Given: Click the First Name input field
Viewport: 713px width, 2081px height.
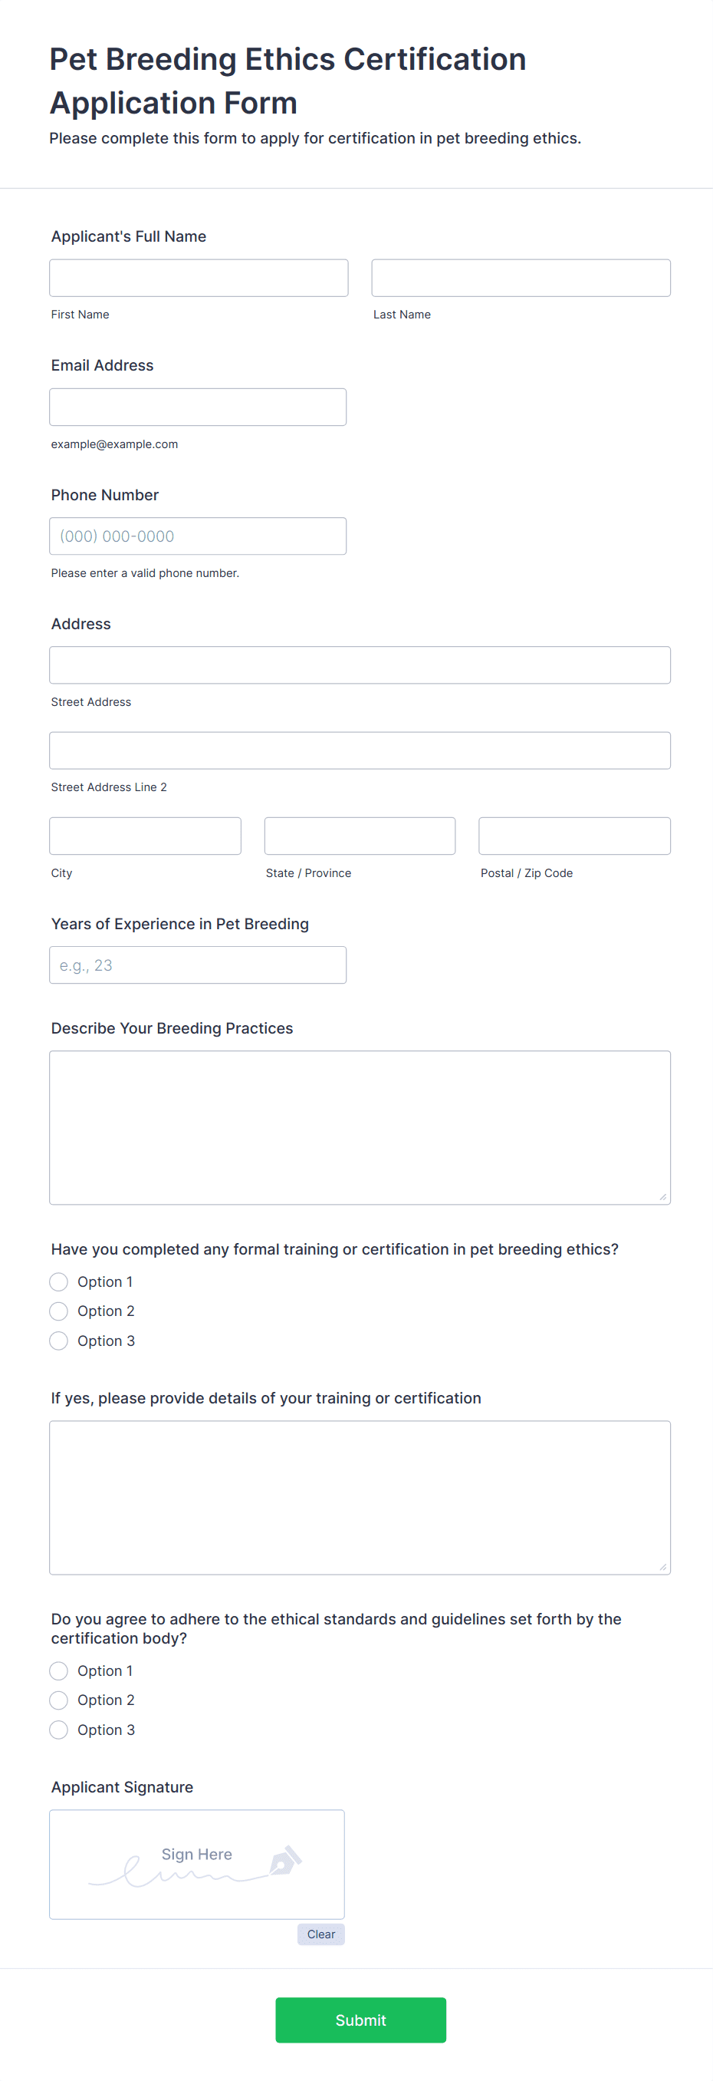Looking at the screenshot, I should (x=198, y=278).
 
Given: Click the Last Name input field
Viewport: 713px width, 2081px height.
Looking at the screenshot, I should (x=520, y=278).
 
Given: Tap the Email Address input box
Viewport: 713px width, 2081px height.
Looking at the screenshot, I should (x=198, y=407).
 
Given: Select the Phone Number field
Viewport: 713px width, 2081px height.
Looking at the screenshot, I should (x=198, y=536).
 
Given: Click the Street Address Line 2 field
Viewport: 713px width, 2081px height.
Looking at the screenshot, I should (x=360, y=750).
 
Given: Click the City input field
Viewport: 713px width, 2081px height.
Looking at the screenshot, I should (x=146, y=836).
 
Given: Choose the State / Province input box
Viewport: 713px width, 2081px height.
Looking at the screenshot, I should (x=360, y=836).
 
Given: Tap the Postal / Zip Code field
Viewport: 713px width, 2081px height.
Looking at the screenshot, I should (x=574, y=836).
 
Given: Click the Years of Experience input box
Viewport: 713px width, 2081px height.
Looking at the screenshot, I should (x=198, y=965).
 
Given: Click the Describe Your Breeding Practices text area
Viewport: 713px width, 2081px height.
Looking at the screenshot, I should (x=360, y=1127).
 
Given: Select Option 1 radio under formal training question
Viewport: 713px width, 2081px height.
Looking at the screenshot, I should (x=59, y=1282).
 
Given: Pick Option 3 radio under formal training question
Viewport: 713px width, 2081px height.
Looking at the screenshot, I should (x=59, y=1341).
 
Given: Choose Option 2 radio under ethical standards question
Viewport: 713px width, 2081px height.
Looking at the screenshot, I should (x=59, y=1700).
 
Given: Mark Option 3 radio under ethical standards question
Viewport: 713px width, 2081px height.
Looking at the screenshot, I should (x=59, y=1730).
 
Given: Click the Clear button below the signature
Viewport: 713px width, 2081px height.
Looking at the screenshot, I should (x=320, y=1934).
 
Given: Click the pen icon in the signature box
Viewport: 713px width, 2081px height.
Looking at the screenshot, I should (x=284, y=1861).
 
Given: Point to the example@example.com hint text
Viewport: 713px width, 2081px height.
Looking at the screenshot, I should (x=115, y=444).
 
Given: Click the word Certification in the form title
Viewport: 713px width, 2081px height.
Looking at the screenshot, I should (x=435, y=60).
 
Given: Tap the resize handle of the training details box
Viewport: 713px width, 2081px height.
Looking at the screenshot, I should (x=662, y=1566).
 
